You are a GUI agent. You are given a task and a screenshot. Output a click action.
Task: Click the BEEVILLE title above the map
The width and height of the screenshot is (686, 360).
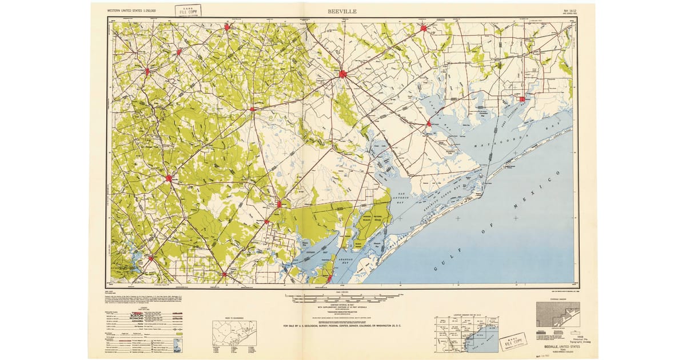tap(342, 10)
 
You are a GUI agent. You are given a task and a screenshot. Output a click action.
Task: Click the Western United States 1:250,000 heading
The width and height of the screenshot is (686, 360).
tap(133, 11)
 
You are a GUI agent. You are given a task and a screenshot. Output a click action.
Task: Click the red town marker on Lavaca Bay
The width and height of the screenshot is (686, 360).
tap(429, 123)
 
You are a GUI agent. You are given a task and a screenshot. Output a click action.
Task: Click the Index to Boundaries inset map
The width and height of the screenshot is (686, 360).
tap(235, 333)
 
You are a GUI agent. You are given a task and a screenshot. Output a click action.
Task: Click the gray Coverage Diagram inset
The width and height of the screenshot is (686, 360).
tap(557, 314)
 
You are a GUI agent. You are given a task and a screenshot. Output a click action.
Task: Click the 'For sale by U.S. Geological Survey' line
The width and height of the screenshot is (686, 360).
tap(342, 326)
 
